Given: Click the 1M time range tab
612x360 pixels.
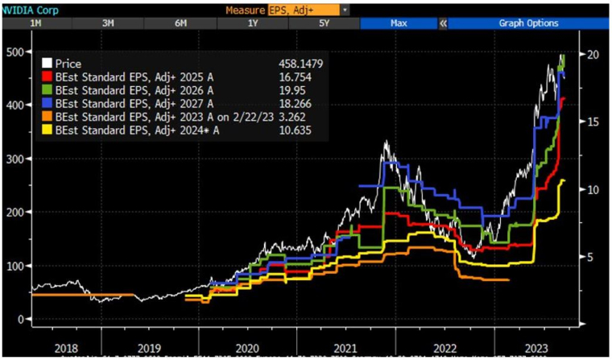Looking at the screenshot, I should coord(35,23).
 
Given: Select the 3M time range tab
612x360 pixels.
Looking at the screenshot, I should coord(108,23).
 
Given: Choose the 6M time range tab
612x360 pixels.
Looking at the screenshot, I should coord(180,23).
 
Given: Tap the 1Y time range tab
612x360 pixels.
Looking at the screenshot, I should coord(253,23).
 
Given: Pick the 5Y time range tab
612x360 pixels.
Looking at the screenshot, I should coord(325,23).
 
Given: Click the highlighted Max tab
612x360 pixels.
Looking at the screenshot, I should coord(398,23).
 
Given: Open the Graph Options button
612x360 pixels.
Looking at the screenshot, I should coord(528,23).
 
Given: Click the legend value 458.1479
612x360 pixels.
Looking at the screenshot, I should coord(299,63).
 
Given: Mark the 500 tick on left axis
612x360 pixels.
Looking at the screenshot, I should coord(14,52).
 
